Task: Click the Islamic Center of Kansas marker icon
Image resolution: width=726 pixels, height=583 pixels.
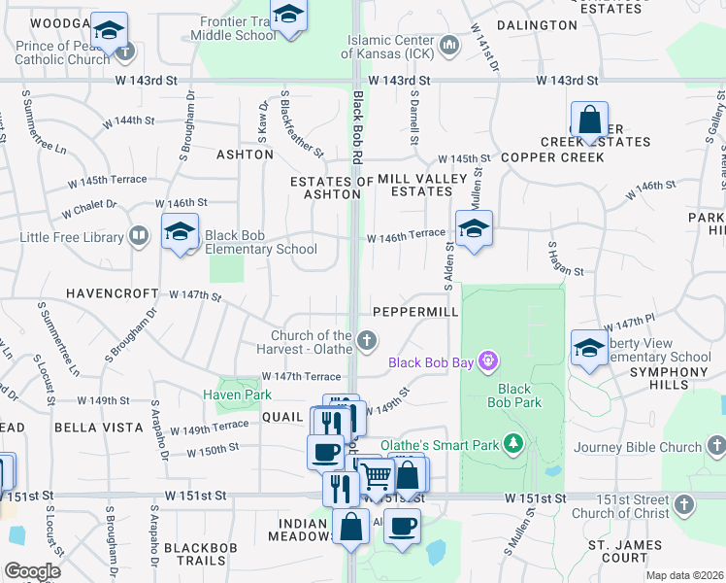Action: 449,45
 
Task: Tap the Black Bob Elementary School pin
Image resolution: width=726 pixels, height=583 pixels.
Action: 180,232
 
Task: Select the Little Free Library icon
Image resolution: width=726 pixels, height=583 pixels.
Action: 139,236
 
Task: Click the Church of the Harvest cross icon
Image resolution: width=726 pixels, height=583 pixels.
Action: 367,340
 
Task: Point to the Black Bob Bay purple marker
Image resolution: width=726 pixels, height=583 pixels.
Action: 488,362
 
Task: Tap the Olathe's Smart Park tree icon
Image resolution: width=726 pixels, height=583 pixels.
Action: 513,445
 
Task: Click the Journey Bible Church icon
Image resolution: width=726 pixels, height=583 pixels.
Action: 716,447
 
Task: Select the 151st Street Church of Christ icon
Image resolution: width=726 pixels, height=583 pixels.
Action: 685,504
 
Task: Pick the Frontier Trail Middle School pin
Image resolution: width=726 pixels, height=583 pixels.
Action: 288,17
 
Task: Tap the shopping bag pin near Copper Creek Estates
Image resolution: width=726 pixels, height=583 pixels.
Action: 589,120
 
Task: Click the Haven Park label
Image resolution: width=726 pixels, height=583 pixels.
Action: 237,394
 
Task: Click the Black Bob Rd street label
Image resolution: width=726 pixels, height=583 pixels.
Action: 357,126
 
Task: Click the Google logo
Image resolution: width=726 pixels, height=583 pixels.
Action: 32,571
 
